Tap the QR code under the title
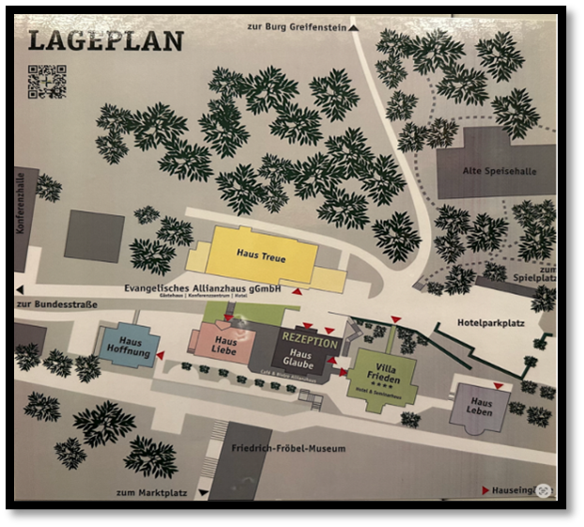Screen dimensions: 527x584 [x=46, y=81]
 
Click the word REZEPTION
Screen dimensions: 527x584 [x=310, y=343]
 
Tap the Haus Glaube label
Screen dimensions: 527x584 [x=298, y=359]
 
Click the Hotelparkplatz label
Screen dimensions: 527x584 [x=489, y=323]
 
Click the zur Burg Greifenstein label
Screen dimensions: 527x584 [x=296, y=27]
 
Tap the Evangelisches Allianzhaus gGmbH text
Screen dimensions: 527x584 [x=203, y=288]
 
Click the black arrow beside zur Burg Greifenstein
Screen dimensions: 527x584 [x=355, y=28]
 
